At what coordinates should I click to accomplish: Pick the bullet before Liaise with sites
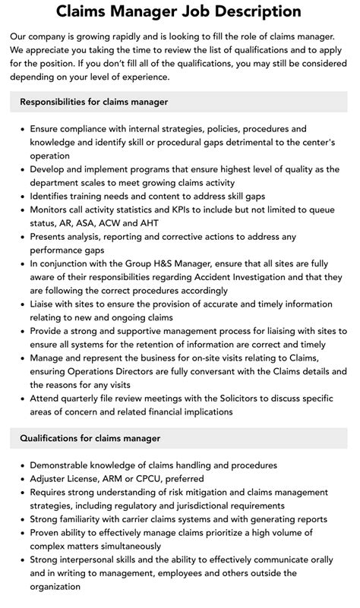pos(21,304)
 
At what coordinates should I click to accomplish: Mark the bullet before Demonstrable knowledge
pos(21,465)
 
